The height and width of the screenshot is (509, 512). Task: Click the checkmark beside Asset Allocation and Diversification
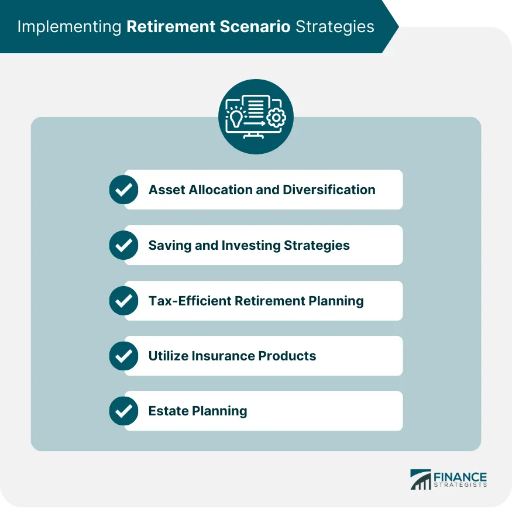[x=123, y=190]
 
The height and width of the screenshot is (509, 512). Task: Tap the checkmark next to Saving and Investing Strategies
[x=123, y=245]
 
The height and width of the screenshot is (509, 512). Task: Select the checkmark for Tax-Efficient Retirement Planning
[x=123, y=301]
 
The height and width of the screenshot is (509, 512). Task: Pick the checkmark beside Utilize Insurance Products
[x=123, y=356]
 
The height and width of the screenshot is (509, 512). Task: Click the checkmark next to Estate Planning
[x=123, y=411]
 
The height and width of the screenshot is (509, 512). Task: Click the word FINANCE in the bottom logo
[x=459, y=476]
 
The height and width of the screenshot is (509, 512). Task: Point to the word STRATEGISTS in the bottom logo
[x=459, y=485]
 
